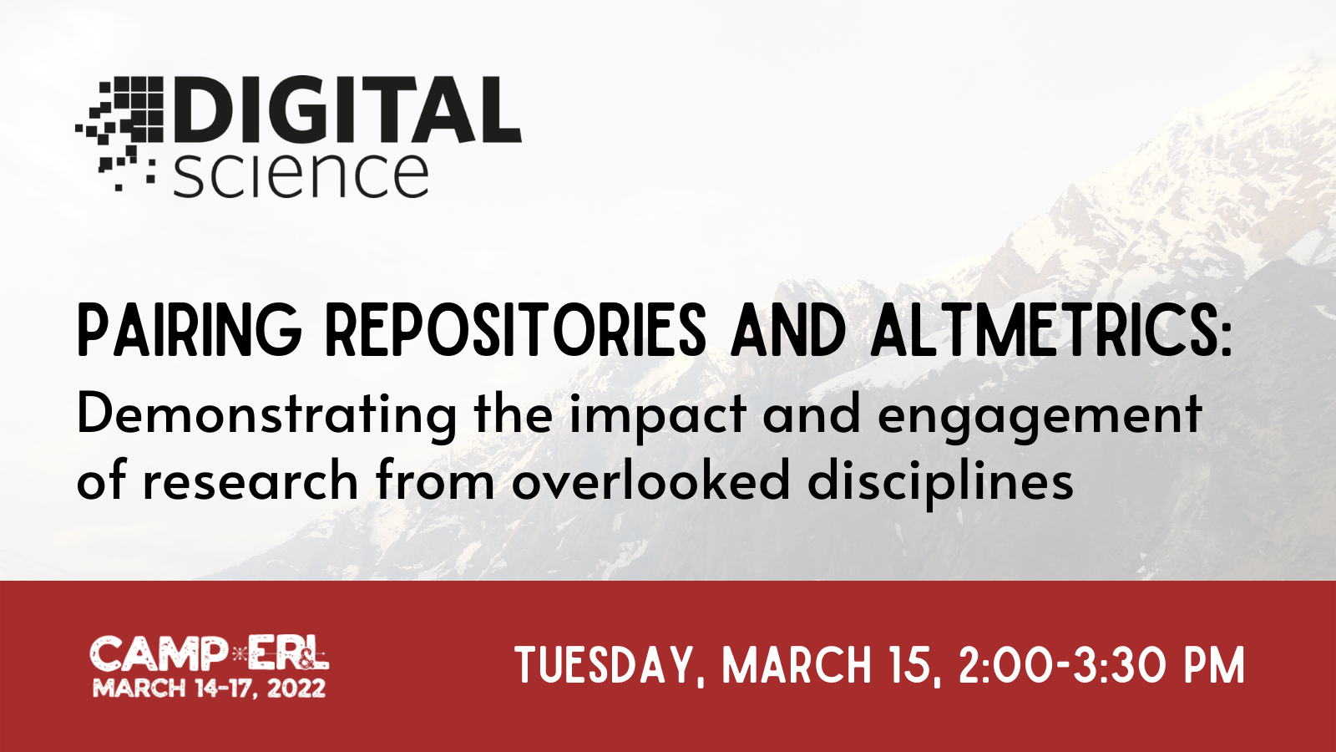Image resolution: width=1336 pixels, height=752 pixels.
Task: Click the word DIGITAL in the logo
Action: (347, 109)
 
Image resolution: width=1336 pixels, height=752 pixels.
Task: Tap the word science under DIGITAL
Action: (301, 175)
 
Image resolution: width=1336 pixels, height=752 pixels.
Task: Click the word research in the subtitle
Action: (250, 480)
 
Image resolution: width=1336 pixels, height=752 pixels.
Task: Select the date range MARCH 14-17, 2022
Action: (210, 688)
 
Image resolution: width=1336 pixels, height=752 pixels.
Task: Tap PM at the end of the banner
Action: (1215, 665)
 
